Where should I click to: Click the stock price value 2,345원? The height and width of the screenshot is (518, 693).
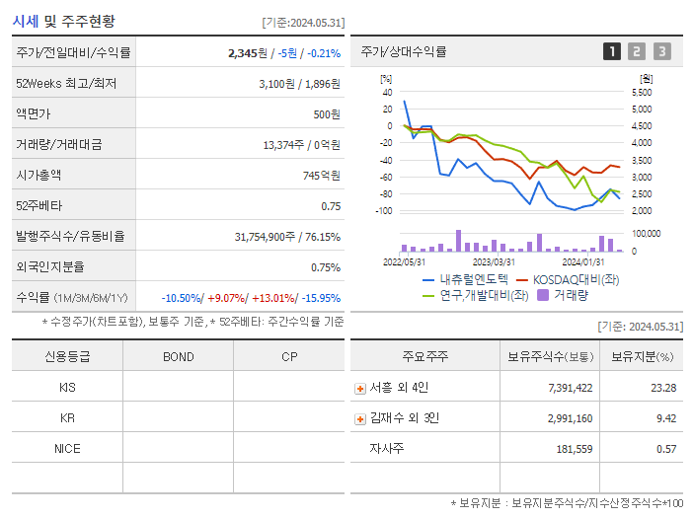pyautogui.click(x=247, y=53)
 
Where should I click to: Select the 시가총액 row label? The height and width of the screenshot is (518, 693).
pyautogui.click(x=38, y=175)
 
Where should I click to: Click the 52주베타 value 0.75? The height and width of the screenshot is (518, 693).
pyautogui.click(x=331, y=206)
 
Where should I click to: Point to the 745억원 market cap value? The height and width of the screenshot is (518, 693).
pyautogui.click(x=322, y=175)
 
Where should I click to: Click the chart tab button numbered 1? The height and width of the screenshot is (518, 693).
pyautogui.click(x=612, y=51)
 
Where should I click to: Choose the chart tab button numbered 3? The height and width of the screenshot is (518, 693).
pyautogui.click(x=661, y=51)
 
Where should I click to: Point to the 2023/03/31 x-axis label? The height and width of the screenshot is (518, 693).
pyautogui.click(x=495, y=261)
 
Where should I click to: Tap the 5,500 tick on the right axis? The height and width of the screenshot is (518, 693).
pyautogui.click(x=640, y=92)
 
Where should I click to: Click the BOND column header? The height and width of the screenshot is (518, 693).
pyautogui.click(x=178, y=357)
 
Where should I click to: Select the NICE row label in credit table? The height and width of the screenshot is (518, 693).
pyautogui.click(x=67, y=448)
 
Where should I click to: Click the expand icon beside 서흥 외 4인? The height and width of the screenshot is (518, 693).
pyautogui.click(x=359, y=388)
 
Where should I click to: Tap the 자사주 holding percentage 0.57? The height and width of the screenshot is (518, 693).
pyautogui.click(x=665, y=449)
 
